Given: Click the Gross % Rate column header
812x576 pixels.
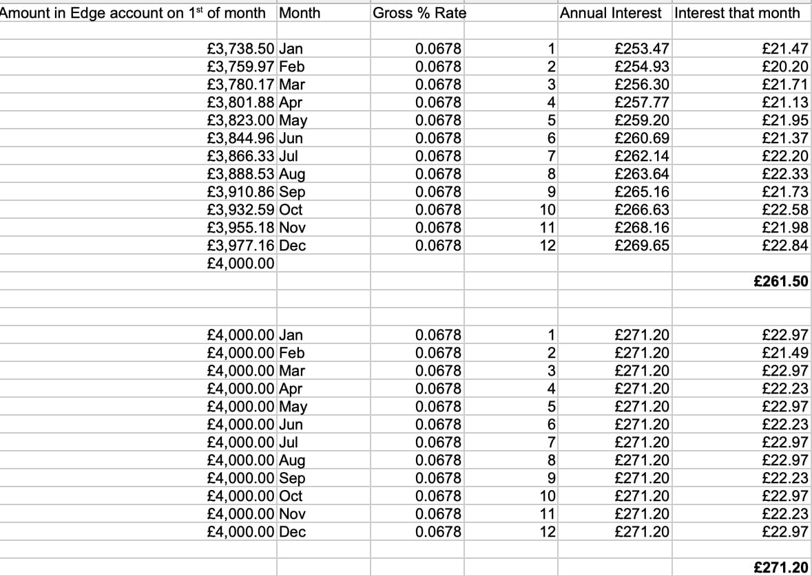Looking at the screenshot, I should [419, 12].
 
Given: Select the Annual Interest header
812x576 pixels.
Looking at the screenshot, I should [611, 12].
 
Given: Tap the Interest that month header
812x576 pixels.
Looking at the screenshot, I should [738, 12].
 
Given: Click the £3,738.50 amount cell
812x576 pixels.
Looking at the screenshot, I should [241, 49].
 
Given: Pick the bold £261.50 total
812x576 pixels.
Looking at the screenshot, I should [780, 281].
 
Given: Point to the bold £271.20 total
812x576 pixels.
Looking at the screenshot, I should [780, 568].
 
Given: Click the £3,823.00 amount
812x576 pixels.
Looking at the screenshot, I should [241, 120].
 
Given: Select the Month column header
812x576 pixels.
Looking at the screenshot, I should [301, 12].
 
